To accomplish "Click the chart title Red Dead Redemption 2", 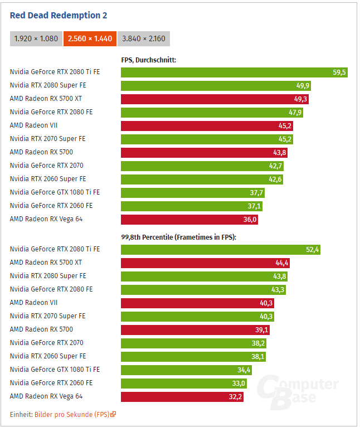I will click(59, 15).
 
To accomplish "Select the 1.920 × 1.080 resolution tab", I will click(36, 38).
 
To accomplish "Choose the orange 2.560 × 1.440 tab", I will click(90, 38).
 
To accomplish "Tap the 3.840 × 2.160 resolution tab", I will click(143, 38).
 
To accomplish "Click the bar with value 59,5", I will click(234, 72).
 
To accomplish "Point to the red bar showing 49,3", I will click(215, 99).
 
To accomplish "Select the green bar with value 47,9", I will click(212, 112).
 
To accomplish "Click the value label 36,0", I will click(249, 219).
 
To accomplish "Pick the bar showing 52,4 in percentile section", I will click(221, 249).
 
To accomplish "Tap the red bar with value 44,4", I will click(205, 263).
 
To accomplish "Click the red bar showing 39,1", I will click(195, 329).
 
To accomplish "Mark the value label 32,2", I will click(235, 396).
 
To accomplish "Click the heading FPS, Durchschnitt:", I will click(149, 60).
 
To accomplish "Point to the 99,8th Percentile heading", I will click(179, 237).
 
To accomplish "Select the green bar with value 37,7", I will click(192, 192).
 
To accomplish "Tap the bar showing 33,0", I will click(184, 383).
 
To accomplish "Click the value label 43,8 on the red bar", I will click(278, 152).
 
